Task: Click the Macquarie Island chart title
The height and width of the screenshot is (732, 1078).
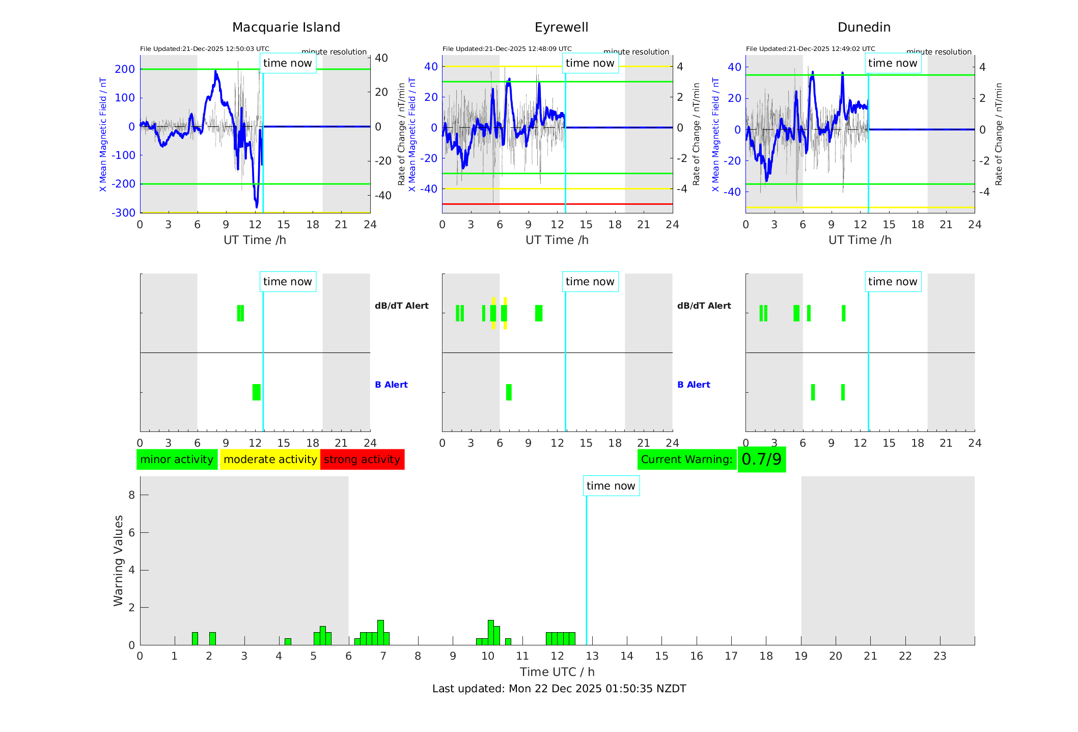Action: coord(286,28)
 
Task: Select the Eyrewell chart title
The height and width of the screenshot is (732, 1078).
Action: coord(561,28)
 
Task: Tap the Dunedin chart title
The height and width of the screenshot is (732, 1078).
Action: coord(864,28)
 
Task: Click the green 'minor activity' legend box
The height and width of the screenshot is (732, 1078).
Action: coord(177,459)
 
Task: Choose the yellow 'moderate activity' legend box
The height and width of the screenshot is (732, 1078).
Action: coord(270,459)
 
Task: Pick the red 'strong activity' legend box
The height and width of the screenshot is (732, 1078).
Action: coord(362,459)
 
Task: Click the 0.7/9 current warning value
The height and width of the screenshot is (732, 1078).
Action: coord(761,459)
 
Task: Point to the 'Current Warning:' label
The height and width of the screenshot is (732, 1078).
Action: coord(686,459)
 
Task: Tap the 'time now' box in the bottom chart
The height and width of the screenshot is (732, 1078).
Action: coord(611,486)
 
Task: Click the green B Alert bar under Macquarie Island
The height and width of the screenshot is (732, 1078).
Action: coord(256,392)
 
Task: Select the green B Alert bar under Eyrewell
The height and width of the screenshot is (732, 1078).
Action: coord(509,392)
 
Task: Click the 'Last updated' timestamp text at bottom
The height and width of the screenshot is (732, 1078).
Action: coord(559,689)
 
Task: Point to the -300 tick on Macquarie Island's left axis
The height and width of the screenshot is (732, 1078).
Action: coord(124,213)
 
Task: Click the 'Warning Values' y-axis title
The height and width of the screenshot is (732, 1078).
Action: coord(119,560)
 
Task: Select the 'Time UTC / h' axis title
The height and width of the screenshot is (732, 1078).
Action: coord(557,672)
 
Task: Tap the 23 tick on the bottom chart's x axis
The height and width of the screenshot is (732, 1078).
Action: coord(939,656)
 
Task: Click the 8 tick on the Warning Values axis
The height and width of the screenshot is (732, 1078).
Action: coord(132,495)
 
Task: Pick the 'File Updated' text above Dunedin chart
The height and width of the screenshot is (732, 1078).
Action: coord(810,49)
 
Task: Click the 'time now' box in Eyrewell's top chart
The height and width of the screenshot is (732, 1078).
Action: coord(590,63)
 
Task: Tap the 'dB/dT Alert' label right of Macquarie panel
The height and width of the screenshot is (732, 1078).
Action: coord(401,306)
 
